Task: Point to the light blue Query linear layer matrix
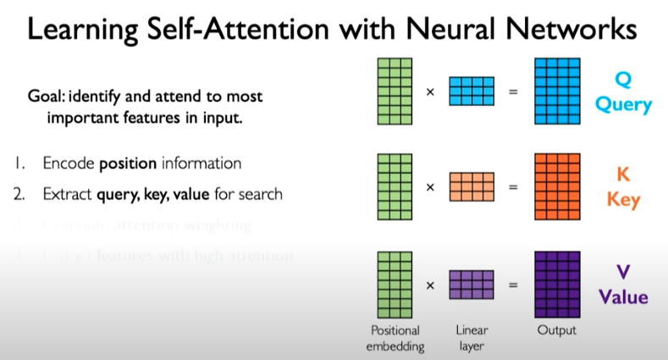click(471, 91)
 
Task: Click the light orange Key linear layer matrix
click(471, 186)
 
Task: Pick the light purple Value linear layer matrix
click(471, 285)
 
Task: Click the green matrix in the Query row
click(395, 91)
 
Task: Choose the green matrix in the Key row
click(395, 186)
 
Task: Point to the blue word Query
click(623, 106)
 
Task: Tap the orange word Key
click(623, 202)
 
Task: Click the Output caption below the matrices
click(556, 330)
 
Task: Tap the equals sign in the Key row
click(513, 186)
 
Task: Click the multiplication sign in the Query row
click(430, 91)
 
